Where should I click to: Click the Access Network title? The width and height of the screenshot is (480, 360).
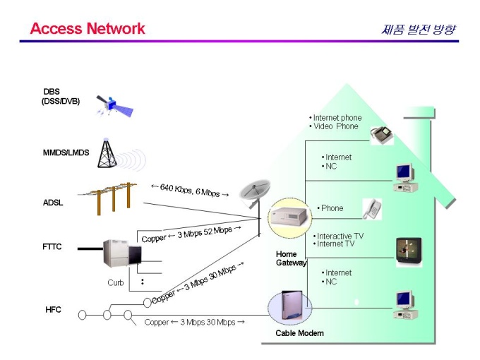88,29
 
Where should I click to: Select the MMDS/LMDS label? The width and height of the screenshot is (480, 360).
66,152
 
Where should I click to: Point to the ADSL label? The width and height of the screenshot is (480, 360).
53,203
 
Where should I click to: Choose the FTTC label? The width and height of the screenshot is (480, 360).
52,248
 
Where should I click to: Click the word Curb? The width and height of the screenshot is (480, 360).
116,282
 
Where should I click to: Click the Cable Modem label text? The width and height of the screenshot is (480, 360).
299,332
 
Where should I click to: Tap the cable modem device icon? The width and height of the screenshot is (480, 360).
290,308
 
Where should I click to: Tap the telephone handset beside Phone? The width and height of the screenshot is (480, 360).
372,208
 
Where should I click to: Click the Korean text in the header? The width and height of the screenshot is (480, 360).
418,30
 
